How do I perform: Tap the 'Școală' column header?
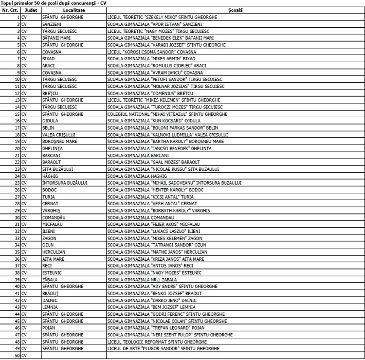pyautogui.click(x=235, y=10)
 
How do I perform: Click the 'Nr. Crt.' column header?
pyautogui.click(x=10, y=10)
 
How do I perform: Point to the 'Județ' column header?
pyautogui.click(x=31, y=10)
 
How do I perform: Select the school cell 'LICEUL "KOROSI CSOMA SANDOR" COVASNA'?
pyautogui.click(x=152, y=52)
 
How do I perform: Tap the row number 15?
pyautogui.click(x=17, y=114)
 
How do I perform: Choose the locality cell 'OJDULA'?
pyautogui.click(x=51, y=120)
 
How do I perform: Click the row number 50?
pyautogui.click(x=17, y=355)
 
